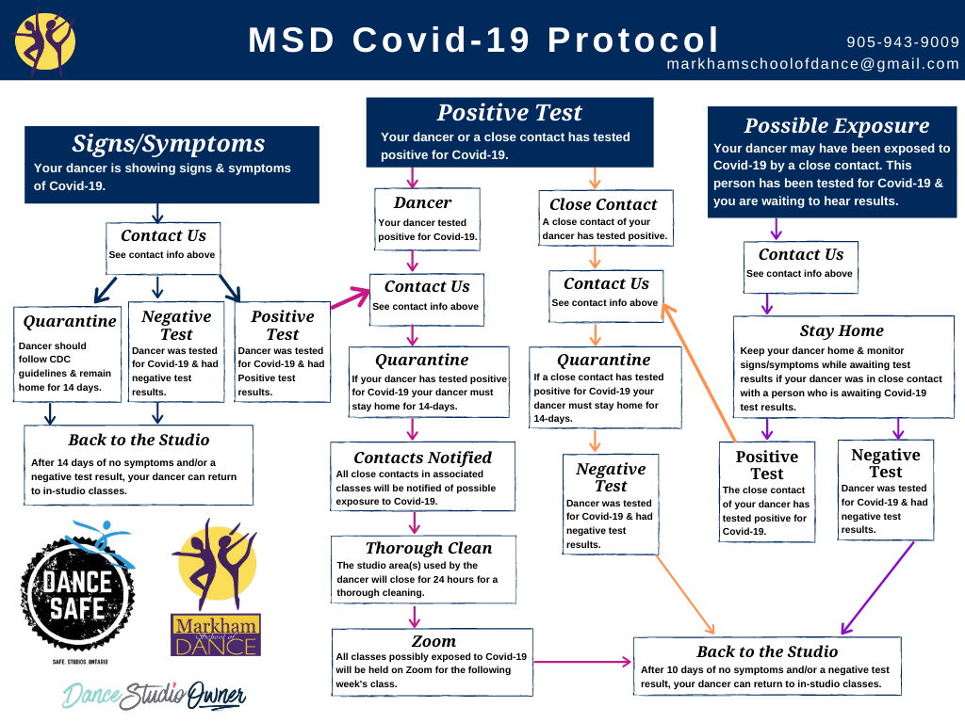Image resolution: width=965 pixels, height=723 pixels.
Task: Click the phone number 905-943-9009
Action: point(903,42)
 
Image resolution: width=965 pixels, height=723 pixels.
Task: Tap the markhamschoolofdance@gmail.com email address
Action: point(812,64)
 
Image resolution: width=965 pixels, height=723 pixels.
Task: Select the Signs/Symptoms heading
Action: point(169,143)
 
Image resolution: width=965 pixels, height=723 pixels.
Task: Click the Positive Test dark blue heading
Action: point(509,113)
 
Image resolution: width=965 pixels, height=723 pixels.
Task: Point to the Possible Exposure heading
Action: point(836,126)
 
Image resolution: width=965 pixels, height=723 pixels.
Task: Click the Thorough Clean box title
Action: point(428,548)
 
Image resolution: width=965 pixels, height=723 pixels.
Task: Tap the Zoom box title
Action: point(433,641)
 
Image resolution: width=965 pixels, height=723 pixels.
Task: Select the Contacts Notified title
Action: point(422,458)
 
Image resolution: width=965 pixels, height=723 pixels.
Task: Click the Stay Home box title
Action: point(842,330)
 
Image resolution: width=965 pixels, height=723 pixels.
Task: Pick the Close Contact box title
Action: point(603,204)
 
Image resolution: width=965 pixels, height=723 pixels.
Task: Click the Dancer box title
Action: point(422,202)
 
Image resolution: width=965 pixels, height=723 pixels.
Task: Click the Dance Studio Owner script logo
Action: point(155,695)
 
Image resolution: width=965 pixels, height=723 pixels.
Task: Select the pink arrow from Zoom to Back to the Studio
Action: point(582,663)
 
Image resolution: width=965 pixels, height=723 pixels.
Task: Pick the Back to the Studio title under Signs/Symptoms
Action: point(139,440)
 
